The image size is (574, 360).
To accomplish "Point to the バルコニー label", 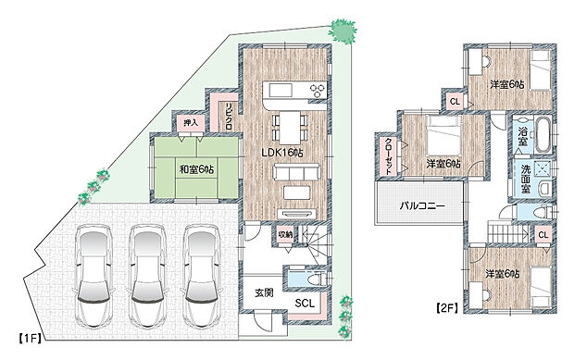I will coord(422,205).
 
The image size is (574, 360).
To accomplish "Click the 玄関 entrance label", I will coord(263,292).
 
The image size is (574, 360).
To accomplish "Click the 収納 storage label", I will coord(284,235).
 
